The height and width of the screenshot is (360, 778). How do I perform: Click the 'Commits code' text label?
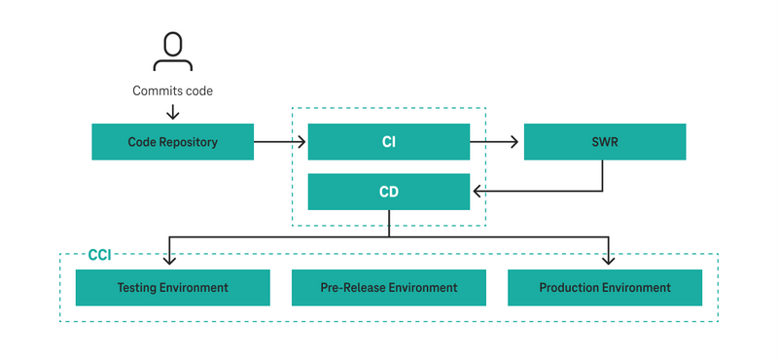point(173,91)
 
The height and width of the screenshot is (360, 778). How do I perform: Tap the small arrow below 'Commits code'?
point(173,112)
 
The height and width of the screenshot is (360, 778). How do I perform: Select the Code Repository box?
point(173,142)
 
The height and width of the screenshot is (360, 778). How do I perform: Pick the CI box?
point(389,142)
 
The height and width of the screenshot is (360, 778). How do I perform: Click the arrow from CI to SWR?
point(496,142)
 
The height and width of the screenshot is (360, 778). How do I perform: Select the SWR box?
point(605,142)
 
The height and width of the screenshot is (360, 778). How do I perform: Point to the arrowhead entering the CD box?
point(477,192)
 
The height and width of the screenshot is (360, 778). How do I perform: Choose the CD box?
point(389,192)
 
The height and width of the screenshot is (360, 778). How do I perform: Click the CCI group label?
point(99,255)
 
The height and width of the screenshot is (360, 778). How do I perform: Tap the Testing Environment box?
point(173,288)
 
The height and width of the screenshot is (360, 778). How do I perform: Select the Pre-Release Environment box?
point(389,288)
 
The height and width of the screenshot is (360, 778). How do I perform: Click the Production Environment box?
point(605,288)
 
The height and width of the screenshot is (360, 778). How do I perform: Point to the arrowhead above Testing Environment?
point(170,259)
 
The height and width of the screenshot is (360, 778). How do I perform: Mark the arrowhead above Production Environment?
point(609,259)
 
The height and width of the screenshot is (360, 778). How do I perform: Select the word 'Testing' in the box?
point(138,288)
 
